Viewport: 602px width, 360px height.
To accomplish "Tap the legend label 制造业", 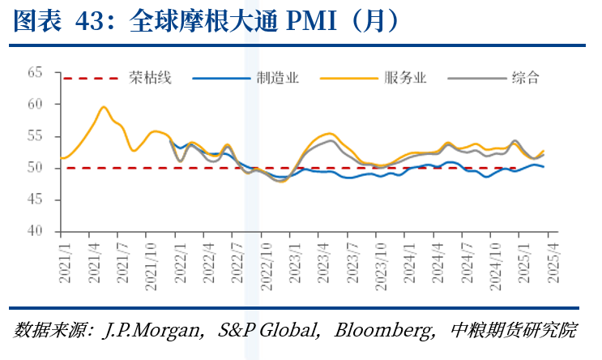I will pos(277,78).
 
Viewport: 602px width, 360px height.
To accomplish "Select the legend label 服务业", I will pos(405,78).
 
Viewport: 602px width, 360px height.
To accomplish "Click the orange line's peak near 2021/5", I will pos(104,107).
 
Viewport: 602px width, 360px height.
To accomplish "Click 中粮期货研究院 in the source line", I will pos(514,331).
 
